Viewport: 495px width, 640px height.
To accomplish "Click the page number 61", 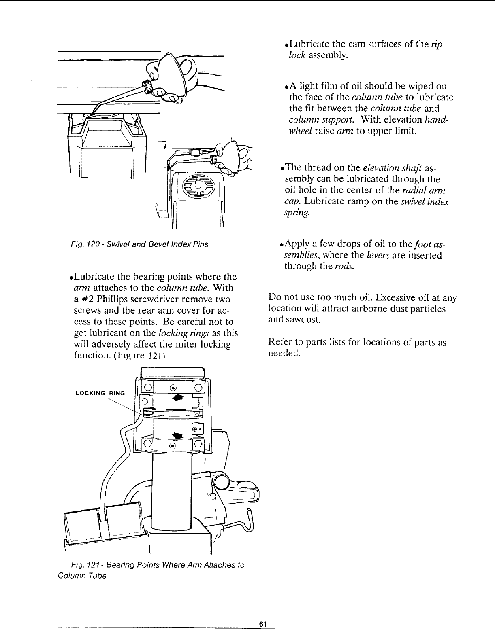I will pyautogui.click(x=262, y=623).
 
